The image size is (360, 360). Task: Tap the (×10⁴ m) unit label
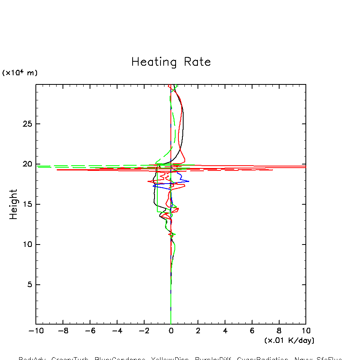click(20, 72)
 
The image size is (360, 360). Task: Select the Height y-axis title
click(14, 204)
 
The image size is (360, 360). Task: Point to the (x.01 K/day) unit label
click(289, 340)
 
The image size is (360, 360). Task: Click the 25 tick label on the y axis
click(26, 124)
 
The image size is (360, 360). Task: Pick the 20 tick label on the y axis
click(26, 164)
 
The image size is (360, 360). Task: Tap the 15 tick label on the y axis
click(26, 204)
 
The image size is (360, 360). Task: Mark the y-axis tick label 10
click(26, 245)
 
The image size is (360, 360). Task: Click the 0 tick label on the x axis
click(171, 331)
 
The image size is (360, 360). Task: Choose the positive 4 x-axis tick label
click(225, 331)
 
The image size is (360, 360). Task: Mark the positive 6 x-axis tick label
click(252, 331)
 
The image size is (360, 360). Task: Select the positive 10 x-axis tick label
click(306, 331)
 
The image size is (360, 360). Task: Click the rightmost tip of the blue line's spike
click(189, 181)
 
